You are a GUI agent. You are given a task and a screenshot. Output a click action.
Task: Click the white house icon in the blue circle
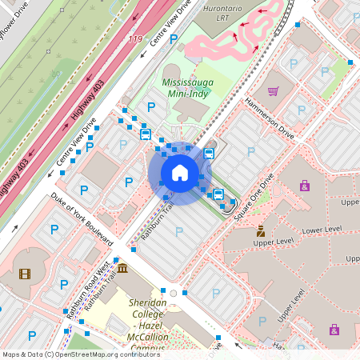(180, 173)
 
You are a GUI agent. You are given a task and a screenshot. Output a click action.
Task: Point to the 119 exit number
(135, 38)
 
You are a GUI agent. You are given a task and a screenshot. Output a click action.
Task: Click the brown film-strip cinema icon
(25, 274)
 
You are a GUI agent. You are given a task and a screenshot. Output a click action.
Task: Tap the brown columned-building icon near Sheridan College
(122, 267)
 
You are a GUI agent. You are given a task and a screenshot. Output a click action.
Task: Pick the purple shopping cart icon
(273, 91)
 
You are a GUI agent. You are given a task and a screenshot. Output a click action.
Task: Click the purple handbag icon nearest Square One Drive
(304, 186)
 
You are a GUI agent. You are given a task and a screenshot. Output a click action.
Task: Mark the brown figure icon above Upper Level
(262, 230)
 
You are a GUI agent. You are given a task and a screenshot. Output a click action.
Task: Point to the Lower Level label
(322, 230)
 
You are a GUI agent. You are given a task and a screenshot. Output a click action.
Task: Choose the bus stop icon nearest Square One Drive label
(218, 194)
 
